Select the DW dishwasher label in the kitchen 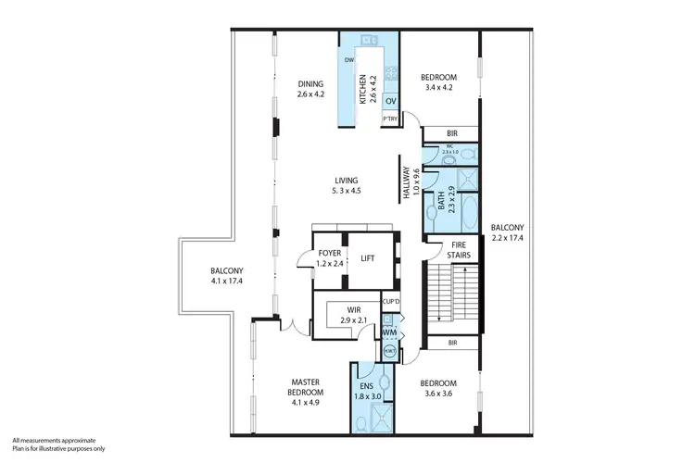pos(349,61)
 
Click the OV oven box pos(390,100)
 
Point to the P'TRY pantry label pos(390,118)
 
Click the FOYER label pos(329,253)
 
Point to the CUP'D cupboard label pos(391,302)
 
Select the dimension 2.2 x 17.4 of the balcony pos(507,238)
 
